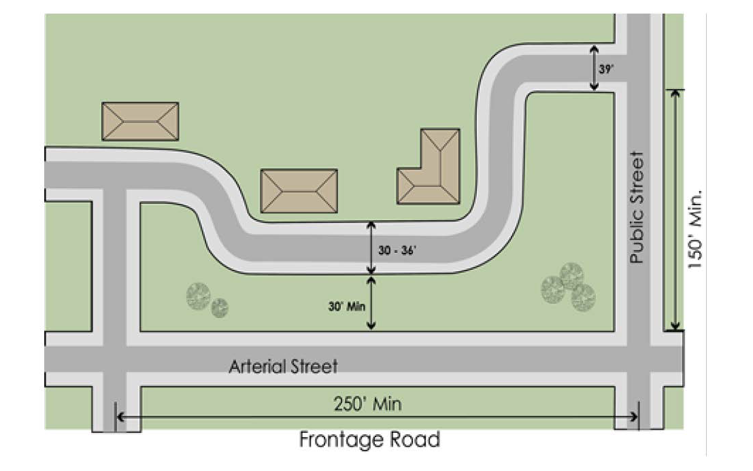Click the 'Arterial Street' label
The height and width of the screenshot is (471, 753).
tap(283, 367)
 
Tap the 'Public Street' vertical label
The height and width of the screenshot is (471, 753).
tap(637, 207)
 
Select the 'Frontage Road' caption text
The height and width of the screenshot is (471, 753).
tap(369, 440)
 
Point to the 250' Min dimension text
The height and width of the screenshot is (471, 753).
tap(367, 404)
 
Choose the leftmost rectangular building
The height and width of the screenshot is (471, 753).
tap(140, 122)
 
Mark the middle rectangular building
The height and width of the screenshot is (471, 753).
tap(299, 190)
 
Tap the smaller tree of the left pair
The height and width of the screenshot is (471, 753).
tap(220, 308)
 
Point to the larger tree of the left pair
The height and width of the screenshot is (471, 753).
tap(199, 296)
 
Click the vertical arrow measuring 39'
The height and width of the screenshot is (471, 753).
tap(594, 68)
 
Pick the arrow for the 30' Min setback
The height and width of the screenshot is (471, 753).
tap(371, 304)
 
